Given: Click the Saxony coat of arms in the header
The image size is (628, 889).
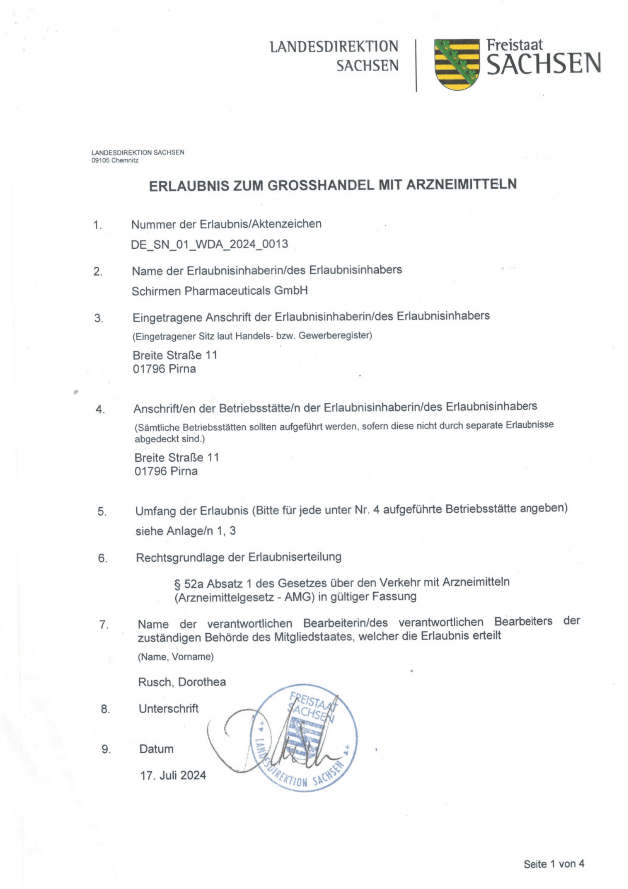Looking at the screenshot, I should (457, 64).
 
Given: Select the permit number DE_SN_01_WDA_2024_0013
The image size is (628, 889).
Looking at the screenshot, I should (209, 244).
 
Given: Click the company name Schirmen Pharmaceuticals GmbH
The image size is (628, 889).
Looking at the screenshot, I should (220, 291).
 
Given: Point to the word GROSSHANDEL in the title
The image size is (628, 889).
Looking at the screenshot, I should (320, 185).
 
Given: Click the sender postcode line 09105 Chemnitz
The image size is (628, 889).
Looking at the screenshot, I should (115, 160).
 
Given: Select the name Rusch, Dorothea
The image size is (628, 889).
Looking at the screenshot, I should (182, 682).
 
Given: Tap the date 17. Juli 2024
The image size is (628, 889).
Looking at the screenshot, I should (173, 775).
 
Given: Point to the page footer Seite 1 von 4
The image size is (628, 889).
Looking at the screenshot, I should (554, 864).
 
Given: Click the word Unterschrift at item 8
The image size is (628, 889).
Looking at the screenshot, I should (169, 708).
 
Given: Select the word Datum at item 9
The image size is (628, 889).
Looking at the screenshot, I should (156, 749).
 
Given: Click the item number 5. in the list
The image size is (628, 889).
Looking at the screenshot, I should (102, 512).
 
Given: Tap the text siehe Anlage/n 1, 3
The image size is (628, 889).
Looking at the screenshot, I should (186, 531).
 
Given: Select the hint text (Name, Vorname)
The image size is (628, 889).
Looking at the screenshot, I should (176, 657).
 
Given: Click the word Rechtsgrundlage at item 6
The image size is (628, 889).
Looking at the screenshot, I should (181, 558).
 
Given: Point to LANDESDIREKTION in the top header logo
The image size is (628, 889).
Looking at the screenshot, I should (334, 47).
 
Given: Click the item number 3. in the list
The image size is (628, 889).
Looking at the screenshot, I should (99, 318).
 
